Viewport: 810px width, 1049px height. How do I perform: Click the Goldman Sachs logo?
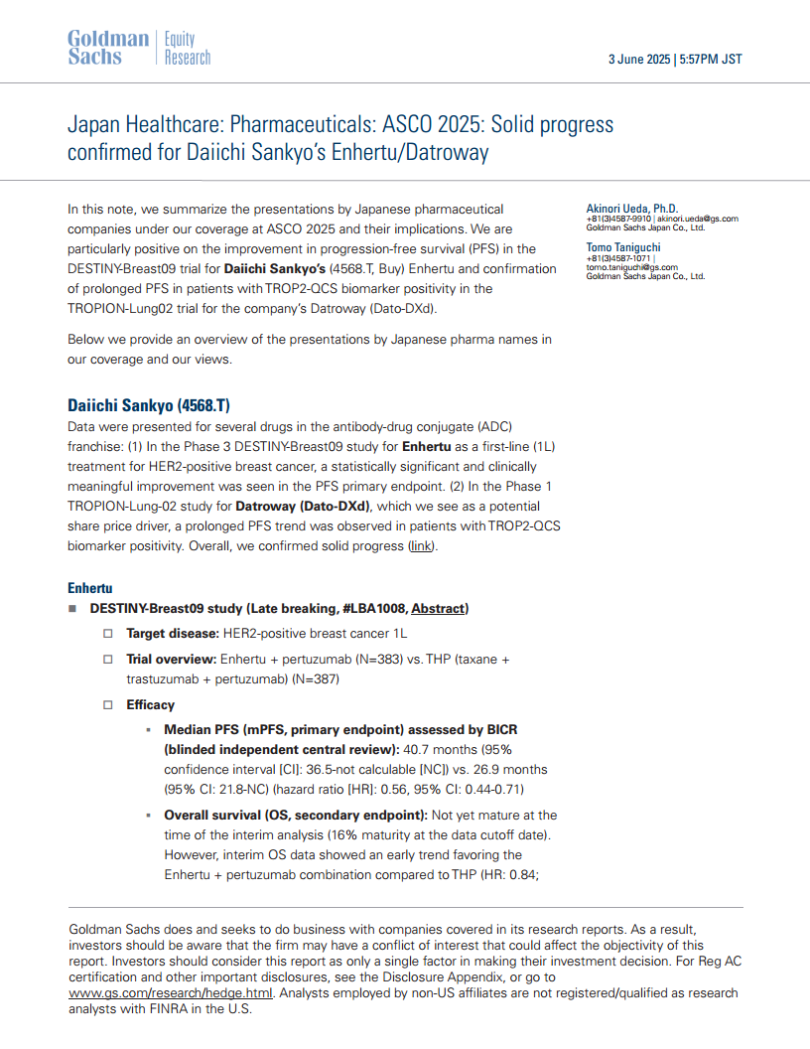(108, 48)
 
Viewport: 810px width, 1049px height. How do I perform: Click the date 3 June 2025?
(638, 60)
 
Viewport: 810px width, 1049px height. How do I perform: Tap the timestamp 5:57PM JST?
(711, 60)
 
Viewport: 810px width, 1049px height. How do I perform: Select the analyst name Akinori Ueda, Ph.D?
(632, 209)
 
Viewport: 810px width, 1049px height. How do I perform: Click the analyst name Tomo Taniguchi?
(623, 247)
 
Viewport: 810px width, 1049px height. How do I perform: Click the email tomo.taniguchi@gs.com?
(631, 267)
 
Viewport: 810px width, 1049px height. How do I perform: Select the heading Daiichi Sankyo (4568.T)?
(148, 405)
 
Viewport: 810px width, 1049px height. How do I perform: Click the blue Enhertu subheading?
(89, 588)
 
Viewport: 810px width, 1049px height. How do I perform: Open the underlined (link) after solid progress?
(421, 546)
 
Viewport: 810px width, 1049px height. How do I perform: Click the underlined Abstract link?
(438, 608)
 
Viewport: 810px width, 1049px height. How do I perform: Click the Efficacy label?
(150, 704)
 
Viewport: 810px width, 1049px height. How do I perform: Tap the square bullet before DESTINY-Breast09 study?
(72, 609)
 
